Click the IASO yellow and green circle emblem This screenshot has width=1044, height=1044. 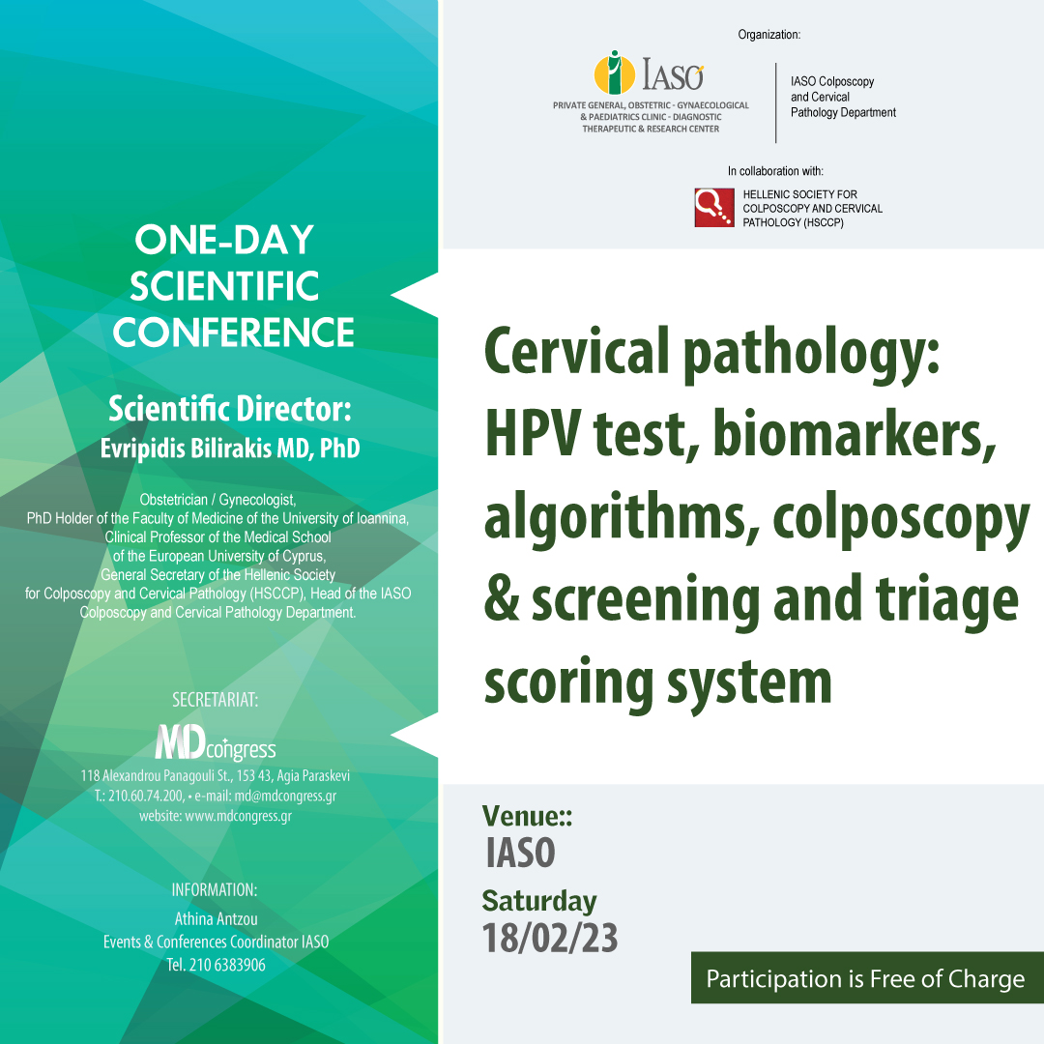pos(614,72)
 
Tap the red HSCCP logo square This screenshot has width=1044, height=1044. pos(714,208)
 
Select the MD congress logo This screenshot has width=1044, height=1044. pos(215,742)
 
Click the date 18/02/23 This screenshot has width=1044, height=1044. pos(550,938)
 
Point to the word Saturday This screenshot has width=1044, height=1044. pos(539,901)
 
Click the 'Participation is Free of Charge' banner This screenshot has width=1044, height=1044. pos(865,978)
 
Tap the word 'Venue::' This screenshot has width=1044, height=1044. pos(528,816)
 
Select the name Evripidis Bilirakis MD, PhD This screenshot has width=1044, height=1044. pos(230,449)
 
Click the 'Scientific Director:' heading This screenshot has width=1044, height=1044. pos(230,409)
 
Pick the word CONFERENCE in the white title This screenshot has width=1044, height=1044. pos(233,333)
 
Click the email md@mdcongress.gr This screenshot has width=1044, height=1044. pos(285,796)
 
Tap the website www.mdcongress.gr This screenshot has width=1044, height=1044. pos(238,816)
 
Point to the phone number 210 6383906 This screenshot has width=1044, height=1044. pos(227,965)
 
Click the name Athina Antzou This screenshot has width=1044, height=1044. pos(216,919)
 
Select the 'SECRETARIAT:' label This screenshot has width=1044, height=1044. pos(215,700)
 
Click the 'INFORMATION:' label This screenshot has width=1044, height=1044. pos(215,889)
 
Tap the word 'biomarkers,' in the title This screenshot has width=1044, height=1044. pos(855,435)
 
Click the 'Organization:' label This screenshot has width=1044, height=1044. pos(769,35)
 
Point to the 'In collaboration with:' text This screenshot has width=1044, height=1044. pos(775,171)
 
